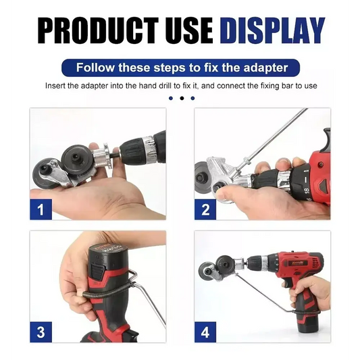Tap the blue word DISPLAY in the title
[272, 31]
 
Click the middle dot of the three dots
[181, 98]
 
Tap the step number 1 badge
[41, 209]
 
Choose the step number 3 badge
[41, 332]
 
